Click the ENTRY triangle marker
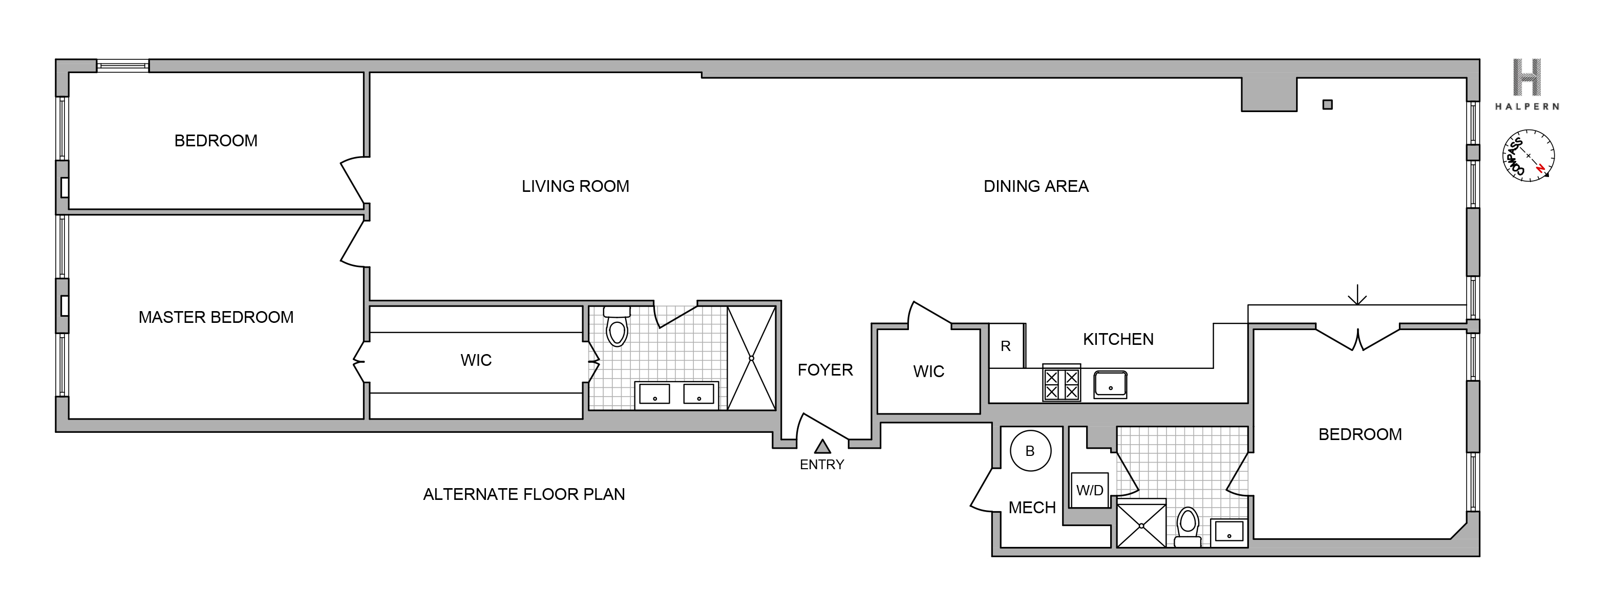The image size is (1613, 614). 822,447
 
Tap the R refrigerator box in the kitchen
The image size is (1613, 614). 1006,346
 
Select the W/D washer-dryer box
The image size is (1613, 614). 1090,490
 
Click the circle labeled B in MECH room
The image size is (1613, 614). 1030,451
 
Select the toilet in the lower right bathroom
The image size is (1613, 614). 1188,527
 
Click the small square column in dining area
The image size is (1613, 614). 1327,104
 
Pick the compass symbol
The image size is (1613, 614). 1529,156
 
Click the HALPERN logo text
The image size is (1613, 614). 1526,106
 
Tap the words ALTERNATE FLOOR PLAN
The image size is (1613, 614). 523,494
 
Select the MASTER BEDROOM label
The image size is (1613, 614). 216,317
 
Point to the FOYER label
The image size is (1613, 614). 824,370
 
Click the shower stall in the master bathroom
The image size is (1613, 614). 751,358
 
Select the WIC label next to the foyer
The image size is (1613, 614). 928,372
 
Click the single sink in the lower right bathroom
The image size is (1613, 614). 1229,533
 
